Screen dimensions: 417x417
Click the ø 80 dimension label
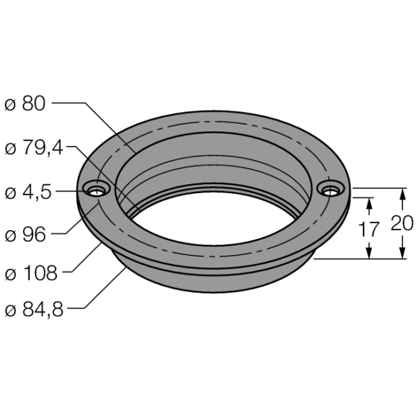[25, 104]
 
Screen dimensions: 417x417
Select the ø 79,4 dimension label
[34, 147]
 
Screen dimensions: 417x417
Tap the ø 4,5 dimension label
[28, 192]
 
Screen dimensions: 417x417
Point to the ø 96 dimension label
[25, 235]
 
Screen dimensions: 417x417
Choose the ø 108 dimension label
[31, 272]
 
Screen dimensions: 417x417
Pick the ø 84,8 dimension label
[34, 309]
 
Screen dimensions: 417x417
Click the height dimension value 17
[368, 229]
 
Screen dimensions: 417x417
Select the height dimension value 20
[402, 223]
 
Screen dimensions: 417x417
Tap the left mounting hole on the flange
[97, 189]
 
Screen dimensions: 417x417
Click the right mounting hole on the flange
[331, 189]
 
